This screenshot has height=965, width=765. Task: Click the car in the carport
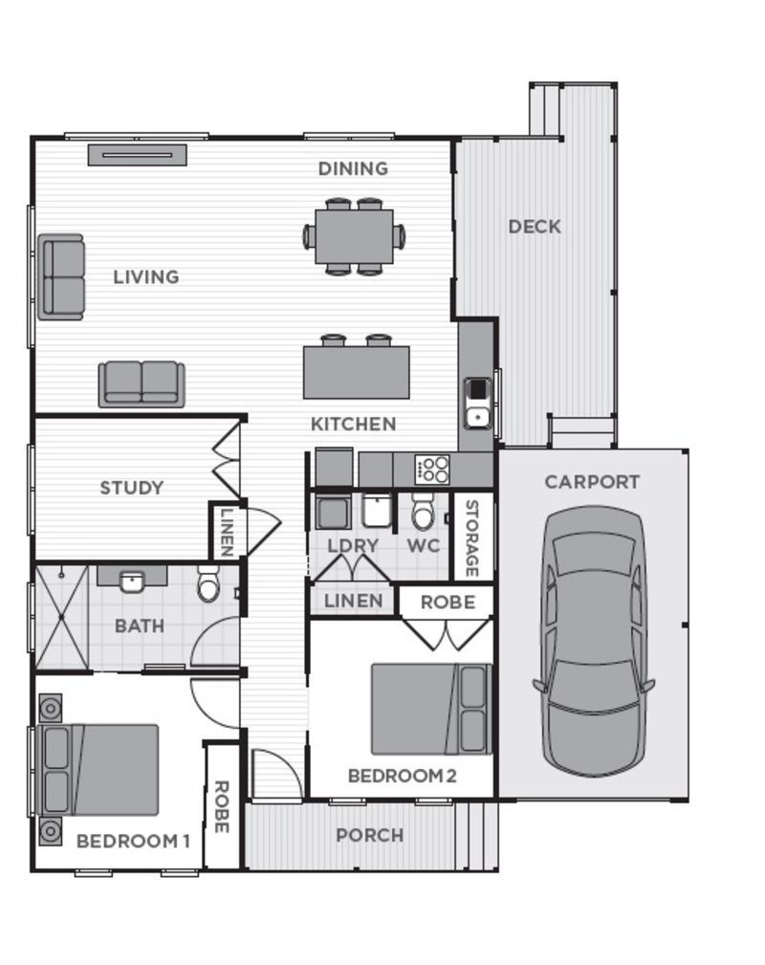point(593,641)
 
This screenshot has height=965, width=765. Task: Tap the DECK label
point(535,227)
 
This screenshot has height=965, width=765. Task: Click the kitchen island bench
point(356,372)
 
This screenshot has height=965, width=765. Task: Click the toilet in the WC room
point(423,515)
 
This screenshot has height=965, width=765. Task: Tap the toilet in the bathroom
point(208,583)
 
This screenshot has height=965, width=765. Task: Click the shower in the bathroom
point(62,618)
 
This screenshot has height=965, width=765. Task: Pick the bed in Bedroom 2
point(430,709)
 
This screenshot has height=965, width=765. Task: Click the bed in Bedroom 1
point(99,769)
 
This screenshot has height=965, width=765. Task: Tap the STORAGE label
point(471,538)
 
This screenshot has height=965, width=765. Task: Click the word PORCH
point(369,835)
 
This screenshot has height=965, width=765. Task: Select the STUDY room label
point(132,488)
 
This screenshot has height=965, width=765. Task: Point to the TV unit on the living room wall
point(137,155)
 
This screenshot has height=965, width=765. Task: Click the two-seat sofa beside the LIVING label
point(61,276)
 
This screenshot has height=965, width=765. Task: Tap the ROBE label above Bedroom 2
point(448,603)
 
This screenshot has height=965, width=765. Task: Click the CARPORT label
point(592,482)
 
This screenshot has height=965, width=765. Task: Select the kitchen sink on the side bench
point(477,403)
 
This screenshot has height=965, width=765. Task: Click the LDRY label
point(353,546)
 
